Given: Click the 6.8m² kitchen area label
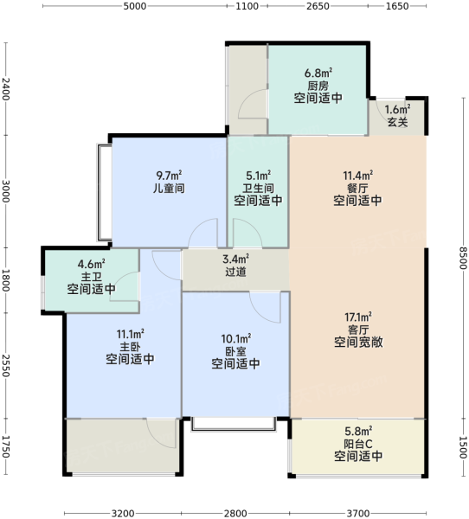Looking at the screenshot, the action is pyautogui.click(x=318, y=73).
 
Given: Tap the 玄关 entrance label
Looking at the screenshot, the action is pyautogui.click(x=397, y=122).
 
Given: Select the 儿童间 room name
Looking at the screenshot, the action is pyautogui.click(x=169, y=188).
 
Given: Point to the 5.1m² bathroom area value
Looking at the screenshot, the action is pyautogui.click(x=259, y=175).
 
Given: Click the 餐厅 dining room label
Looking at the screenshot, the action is pyautogui.click(x=357, y=188).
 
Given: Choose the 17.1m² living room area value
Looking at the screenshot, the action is pyautogui.click(x=358, y=317).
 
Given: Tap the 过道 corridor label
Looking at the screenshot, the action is pyautogui.click(x=236, y=272).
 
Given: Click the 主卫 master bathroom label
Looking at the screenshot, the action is pyautogui.click(x=92, y=277).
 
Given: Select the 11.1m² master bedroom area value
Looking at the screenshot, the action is pyautogui.click(x=130, y=334).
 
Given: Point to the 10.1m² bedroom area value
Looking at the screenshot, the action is pyautogui.click(x=236, y=338).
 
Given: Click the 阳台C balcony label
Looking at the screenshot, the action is pyautogui.click(x=358, y=444).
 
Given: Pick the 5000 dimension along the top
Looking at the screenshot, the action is pyautogui.click(x=135, y=6).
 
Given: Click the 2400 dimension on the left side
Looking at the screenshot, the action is pyautogui.click(x=6, y=89).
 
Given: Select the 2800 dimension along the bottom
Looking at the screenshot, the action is pyautogui.click(x=235, y=513).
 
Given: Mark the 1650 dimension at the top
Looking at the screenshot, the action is pyautogui.click(x=397, y=6).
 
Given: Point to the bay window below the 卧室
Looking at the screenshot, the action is pyautogui.click(x=234, y=425).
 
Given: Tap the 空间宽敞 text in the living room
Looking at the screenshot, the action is pyautogui.click(x=358, y=342).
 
